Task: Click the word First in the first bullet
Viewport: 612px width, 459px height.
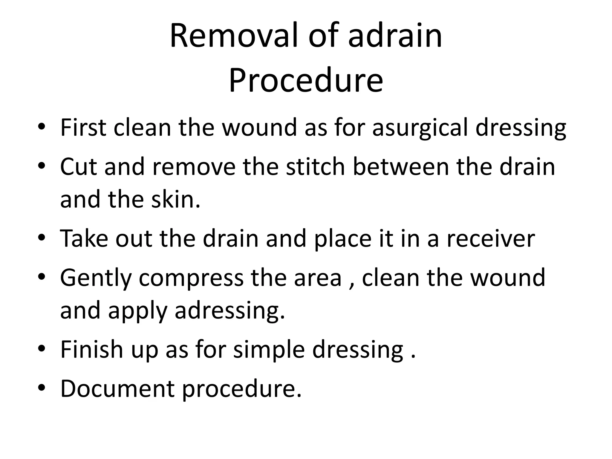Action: pyautogui.click(x=83, y=128)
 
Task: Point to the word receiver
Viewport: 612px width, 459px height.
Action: pyautogui.click(x=490, y=238)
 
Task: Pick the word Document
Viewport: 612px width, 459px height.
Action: pyautogui.click(x=117, y=388)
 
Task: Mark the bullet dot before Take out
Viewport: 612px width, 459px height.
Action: pyautogui.click(x=42, y=238)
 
